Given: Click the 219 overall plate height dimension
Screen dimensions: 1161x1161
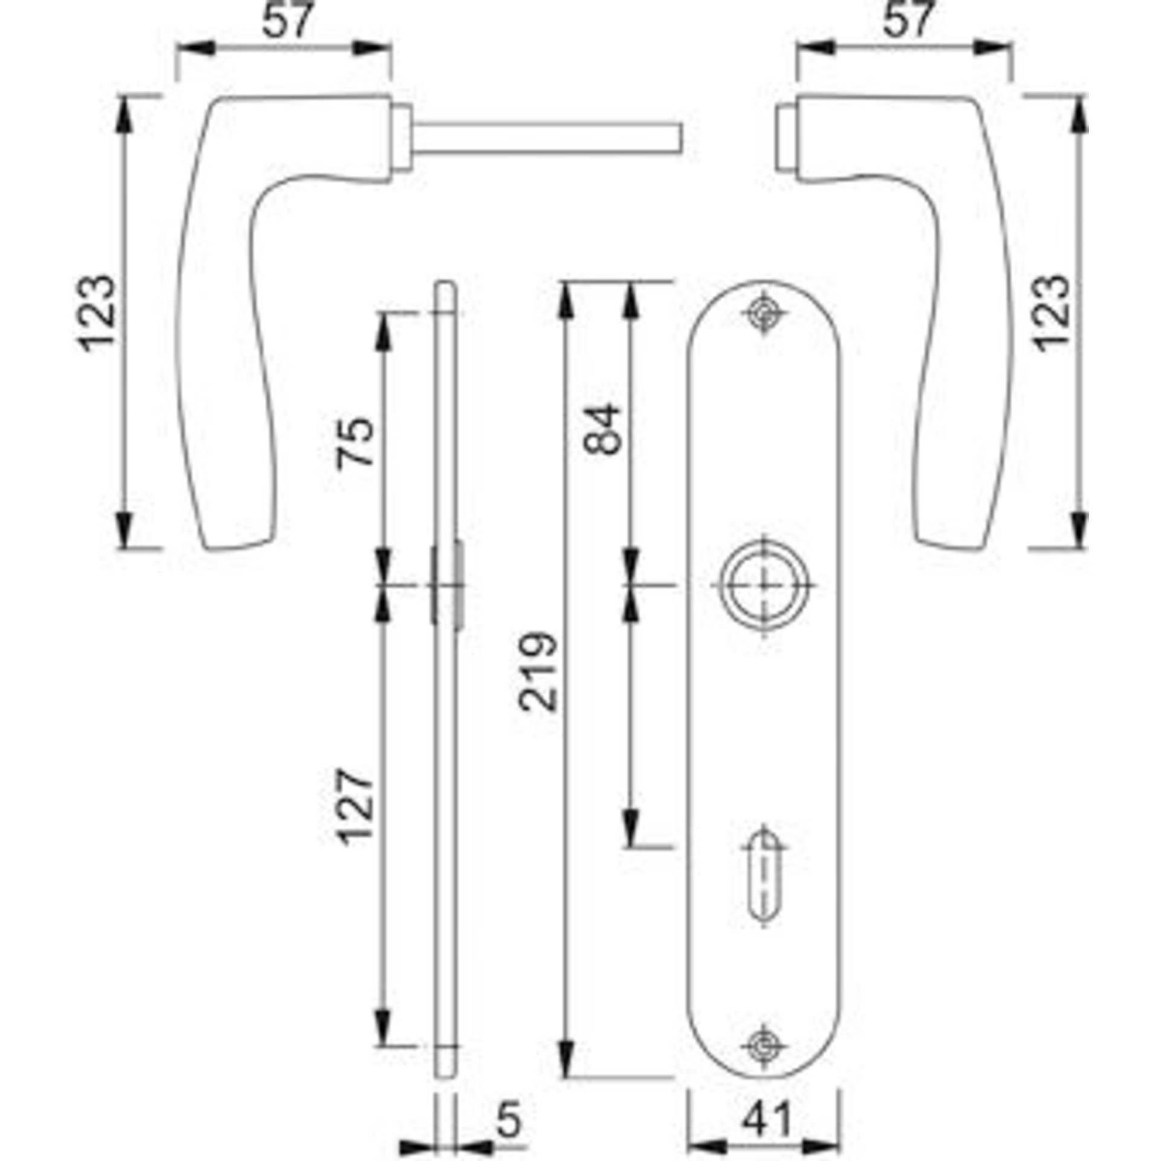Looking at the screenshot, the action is (538, 671).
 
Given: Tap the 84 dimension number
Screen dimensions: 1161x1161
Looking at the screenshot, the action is (602, 429).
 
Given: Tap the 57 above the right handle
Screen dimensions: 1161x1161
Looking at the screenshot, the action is (909, 20).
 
